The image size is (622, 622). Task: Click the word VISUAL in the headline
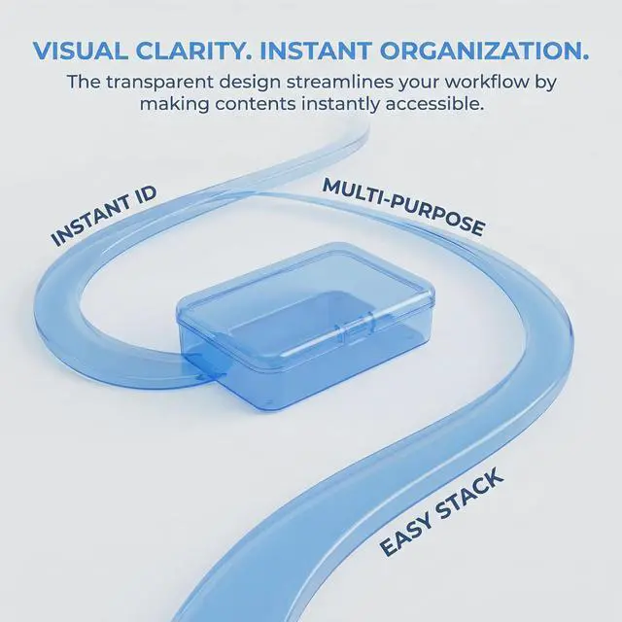click(81, 51)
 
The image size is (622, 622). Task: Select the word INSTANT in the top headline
click(316, 51)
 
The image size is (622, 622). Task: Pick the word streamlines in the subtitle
click(339, 82)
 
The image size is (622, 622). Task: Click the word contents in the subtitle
click(256, 104)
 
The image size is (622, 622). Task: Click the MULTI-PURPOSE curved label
click(403, 207)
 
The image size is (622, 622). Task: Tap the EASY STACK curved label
click(441, 512)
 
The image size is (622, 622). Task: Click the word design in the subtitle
click(251, 82)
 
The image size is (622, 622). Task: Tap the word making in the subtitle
click(174, 104)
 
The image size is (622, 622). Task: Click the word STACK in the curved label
click(469, 494)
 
